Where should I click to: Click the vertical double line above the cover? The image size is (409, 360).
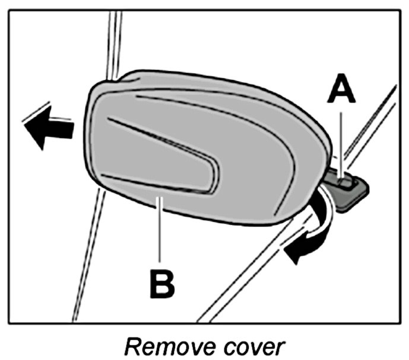point(111,42)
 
